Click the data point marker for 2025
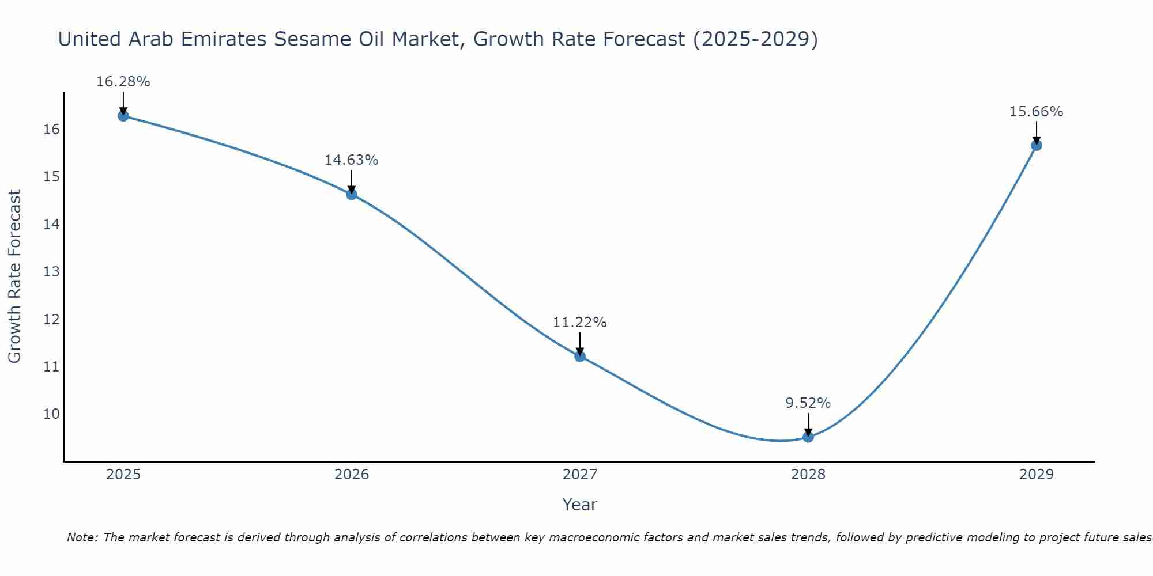click(123, 116)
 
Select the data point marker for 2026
click(352, 194)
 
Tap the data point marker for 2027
click(580, 356)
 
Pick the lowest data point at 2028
click(808, 437)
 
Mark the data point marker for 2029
click(1037, 145)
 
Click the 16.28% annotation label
click(123, 82)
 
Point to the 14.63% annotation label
click(351, 160)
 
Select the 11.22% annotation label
click(579, 323)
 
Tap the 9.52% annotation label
click(808, 403)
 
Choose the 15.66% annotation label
click(1036, 112)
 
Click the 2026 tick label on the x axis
click(352, 475)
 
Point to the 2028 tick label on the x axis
click(808, 475)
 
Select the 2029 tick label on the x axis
click(1037, 475)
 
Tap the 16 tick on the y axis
click(51, 129)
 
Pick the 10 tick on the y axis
click(51, 414)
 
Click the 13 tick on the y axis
click(51, 271)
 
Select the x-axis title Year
click(579, 505)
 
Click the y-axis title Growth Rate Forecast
click(14, 276)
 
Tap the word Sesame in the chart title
click(311, 39)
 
